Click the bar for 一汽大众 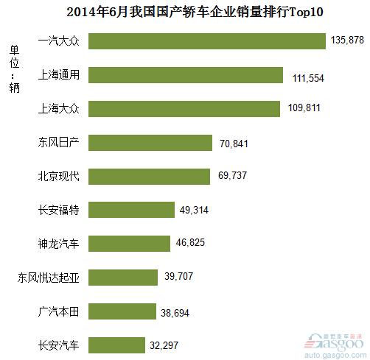point(207,41)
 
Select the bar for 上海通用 point(186,75)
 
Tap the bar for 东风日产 point(150,143)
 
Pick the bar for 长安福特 point(131,210)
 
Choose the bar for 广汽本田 point(122,311)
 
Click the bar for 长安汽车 point(116,345)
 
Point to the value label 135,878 point(347,40)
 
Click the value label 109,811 point(304,107)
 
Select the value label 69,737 point(232,175)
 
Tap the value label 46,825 point(190,242)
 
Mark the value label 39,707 point(179,276)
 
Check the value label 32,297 point(164,345)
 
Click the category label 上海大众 point(59,108)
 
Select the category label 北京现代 point(59,176)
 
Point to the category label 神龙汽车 point(58,244)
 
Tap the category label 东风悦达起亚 point(49,278)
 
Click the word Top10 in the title point(306,12)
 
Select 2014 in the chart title point(81,13)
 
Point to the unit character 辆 point(15,88)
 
